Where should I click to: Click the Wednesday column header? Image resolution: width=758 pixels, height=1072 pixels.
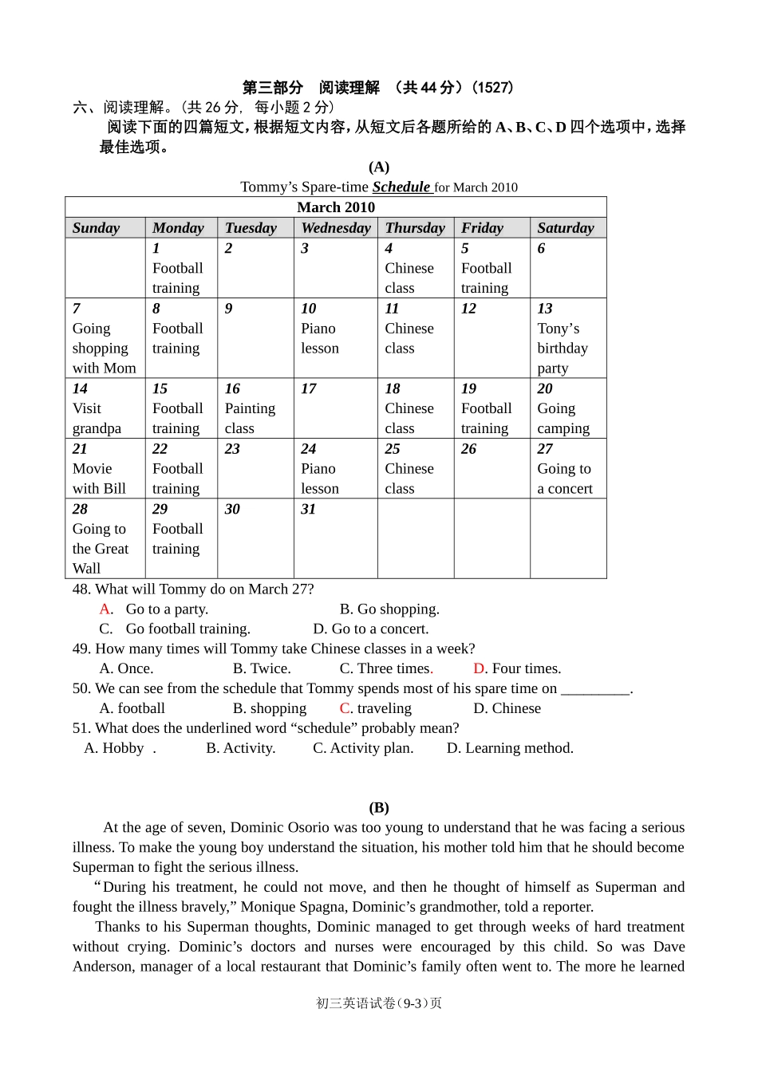click(336, 228)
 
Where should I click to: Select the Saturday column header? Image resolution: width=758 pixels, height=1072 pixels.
click(566, 228)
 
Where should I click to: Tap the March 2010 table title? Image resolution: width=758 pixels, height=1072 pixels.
click(336, 207)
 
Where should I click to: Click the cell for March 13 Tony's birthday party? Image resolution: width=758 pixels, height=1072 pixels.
click(567, 338)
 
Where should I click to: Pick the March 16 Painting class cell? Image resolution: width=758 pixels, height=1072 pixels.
click(255, 408)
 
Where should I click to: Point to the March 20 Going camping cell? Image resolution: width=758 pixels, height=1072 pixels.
click(567, 408)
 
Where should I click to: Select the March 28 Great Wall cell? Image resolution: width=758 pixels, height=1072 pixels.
click(105, 538)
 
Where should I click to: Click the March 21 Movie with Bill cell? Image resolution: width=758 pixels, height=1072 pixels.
click(105, 469)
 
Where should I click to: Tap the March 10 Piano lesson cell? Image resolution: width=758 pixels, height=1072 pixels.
click(335, 338)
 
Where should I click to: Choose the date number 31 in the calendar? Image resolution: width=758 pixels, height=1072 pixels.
click(309, 509)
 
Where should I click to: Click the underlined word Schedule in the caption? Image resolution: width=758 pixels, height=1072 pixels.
click(401, 187)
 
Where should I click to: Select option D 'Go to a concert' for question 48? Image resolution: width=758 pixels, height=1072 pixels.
click(371, 629)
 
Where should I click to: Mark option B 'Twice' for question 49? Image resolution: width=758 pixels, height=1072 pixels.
click(262, 669)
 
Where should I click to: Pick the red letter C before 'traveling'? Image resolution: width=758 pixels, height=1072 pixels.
click(345, 708)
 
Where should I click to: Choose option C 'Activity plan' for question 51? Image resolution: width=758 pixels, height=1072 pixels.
click(363, 748)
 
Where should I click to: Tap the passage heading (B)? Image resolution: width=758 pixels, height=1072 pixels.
click(379, 808)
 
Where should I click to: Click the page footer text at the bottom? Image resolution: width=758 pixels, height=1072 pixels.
click(379, 1003)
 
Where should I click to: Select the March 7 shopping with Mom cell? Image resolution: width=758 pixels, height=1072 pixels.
click(105, 338)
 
